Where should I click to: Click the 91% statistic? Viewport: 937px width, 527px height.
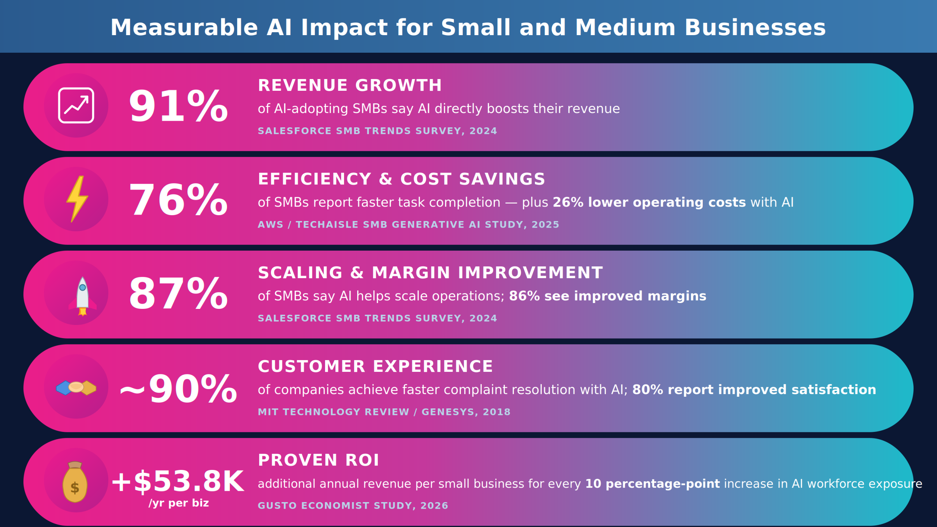[x=178, y=106]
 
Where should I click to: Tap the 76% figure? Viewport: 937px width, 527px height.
[x=178, y=200]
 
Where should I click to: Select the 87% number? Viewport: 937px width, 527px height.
[x=178, y=294]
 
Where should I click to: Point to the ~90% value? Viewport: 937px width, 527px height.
[x=178, y=389]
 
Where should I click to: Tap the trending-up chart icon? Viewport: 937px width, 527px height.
[x=76, y=105]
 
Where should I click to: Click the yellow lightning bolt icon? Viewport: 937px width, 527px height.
[x=77, y=199]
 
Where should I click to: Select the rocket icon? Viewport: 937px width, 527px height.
[x=82, y=296]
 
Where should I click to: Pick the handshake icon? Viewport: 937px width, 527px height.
[x=76, y=388]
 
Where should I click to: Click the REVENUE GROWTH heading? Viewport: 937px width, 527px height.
[x=350, y=85]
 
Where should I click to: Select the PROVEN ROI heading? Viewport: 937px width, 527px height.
[x=318, y=460]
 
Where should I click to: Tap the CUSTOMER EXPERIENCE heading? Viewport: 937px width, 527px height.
[x=376, y=366]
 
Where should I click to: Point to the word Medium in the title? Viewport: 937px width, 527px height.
[x=625, y=28]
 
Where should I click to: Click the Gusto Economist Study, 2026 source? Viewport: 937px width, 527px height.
[x=353, y=505]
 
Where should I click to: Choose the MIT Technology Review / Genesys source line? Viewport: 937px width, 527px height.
[x=384, y=412]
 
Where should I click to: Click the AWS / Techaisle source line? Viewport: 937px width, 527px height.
[x=408, y=224]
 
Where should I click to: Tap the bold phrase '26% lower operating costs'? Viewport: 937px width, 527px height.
[x=649, y=202]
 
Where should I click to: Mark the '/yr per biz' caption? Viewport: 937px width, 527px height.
[x=179, y=503]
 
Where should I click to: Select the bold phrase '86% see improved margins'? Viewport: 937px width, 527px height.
[x=608, y=296]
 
